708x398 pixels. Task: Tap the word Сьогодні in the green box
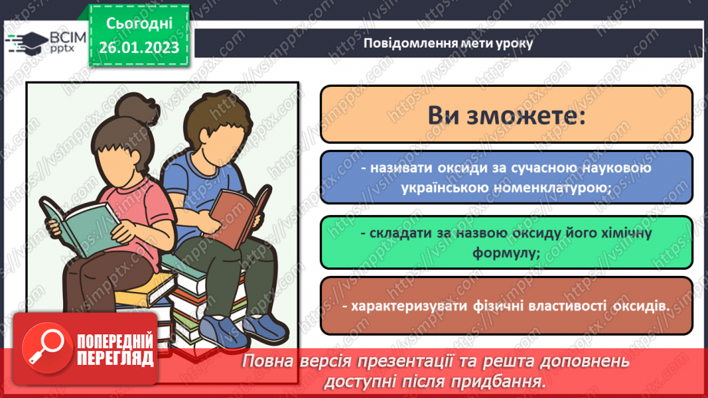click(x=138, y=24)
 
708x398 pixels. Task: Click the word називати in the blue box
click(x=397, y=169)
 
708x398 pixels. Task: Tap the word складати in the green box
click(x=396, y=233)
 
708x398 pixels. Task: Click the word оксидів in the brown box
click(x=640, y=306)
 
